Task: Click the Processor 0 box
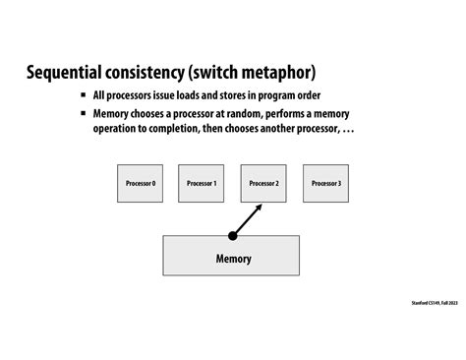click(141, 184)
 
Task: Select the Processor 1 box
click(202, 184)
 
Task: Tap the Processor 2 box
click(263, 184)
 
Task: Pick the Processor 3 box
click(325, 184)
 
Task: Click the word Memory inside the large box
click(233, 260)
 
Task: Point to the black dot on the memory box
click(233, 236)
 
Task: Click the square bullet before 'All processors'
click(84, 96)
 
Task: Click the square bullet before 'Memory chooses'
click(84, 114)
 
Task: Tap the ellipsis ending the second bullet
click(349, 130)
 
